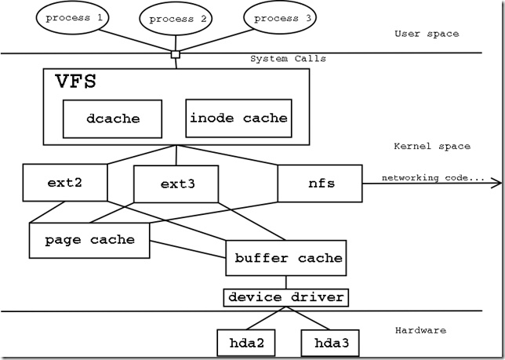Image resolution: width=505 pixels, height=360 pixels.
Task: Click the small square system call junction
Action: [x=176, y=54]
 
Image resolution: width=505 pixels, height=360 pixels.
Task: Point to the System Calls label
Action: [x=288, y=59]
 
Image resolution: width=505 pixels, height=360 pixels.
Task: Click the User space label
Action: [x=427, y=34]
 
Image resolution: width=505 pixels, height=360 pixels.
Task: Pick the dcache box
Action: [x=113, y=118]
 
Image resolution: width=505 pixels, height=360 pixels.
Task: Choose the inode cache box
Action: [x=238, y=118]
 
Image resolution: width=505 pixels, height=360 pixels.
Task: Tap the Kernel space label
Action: [x=432, y=147]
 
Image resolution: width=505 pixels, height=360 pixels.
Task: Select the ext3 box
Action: [x=175, y=185]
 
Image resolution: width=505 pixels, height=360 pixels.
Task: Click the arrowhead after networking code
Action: [x=496, y=184]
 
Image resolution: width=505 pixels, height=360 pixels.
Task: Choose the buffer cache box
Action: [x=285, y=257]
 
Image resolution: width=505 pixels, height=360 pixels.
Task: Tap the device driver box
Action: [x=285, y=297]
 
